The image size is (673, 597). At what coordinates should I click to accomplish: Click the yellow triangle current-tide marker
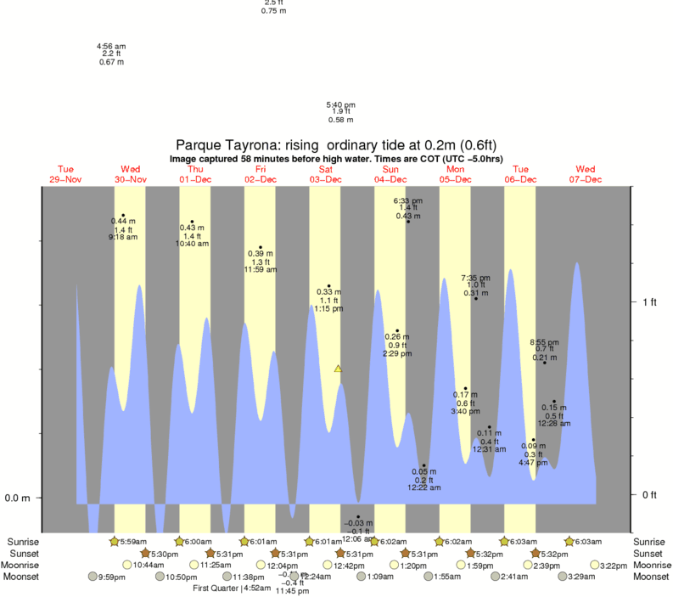[x=338, y=369]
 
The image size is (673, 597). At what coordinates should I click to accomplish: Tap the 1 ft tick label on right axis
[x=650, y=301]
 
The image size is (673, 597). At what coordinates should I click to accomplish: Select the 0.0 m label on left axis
[x=18, y=498]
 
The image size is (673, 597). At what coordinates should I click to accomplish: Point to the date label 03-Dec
[x=326, y=179]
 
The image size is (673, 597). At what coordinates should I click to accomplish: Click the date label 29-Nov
[x=65, y=179]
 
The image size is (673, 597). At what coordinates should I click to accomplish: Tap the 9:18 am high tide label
[x=123, y=237]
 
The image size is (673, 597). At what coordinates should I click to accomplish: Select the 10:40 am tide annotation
[x=192, y=244]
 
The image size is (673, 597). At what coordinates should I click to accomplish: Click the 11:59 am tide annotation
[x=261, y=269]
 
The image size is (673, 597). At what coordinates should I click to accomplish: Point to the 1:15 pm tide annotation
[x=328, y=308]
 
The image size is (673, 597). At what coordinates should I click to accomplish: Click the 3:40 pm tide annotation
[x=465, y=411]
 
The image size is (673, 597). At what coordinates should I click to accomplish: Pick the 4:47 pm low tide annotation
[x=534, y=462]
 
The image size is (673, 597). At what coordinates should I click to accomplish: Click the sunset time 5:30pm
[x=165, y=554]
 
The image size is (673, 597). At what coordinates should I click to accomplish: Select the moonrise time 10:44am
[x=149, y=565]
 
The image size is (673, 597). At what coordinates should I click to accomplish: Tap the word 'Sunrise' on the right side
[x=651, y=542]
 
